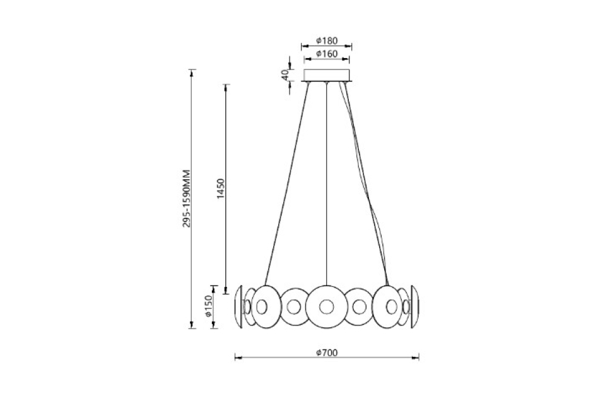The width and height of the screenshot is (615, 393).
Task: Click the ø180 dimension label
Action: pos(327,40)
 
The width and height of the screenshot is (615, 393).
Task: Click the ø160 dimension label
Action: pos(327,53)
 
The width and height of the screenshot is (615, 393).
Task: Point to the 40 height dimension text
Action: pos(285,75)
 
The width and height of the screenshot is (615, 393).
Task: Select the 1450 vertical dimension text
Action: pos(220,188)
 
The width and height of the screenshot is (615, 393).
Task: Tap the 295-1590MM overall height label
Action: pos(186,198)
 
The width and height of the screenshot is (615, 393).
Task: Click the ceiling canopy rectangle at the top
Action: pos(327,76)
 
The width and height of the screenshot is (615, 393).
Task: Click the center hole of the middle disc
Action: pos(326,306)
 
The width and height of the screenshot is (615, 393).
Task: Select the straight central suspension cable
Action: pos(327,190)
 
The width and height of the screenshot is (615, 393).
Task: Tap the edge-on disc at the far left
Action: pos(239,306)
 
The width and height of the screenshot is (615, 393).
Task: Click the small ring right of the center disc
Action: pos(360,307)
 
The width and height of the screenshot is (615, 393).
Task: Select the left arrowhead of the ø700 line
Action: pos(237,358)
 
